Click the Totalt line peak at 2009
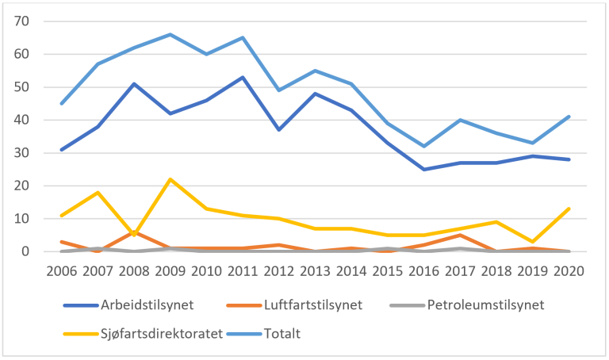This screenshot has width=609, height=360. click(170, 34)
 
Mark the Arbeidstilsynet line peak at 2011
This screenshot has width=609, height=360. click(243, 77)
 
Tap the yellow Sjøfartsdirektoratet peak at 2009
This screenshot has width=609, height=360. click(170, 179)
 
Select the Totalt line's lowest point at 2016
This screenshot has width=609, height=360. click(423, 146)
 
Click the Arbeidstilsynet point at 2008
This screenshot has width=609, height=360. click(134, 83)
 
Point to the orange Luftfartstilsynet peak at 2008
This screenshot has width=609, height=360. click(134, 232)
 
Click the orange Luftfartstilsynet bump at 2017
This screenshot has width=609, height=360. click(460, 235)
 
